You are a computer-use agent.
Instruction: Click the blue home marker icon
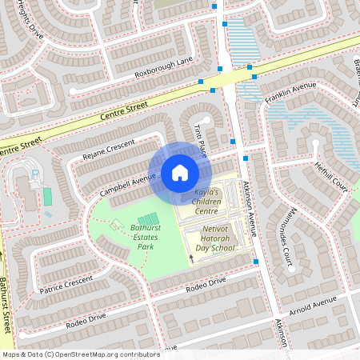coord(179,173)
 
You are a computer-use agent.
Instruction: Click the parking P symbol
coord(34,175)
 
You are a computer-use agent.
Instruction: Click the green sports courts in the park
coord(147,220)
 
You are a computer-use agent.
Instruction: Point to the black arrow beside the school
coord(191,257)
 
